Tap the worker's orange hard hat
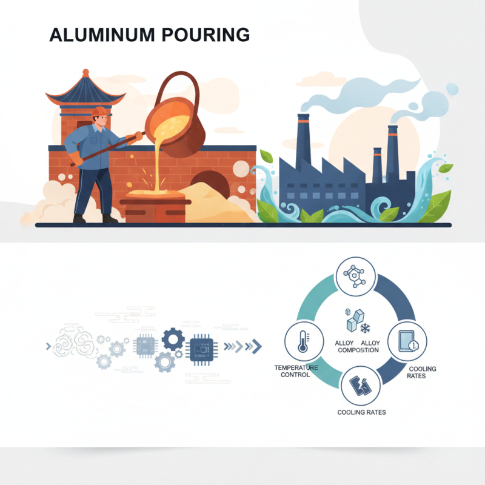coord(99,112)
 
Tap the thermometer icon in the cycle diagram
coord(301,343)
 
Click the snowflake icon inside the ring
coord(365,329)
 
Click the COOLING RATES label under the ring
coord(361,412)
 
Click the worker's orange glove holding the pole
coord(138,136)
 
